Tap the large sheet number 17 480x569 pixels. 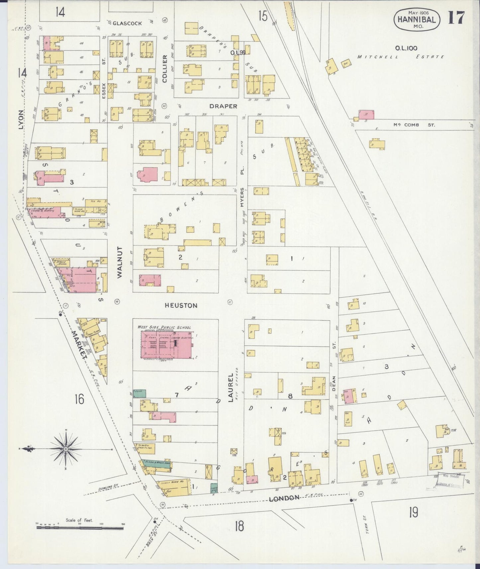(x=456, y=18)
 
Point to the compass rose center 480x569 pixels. (x=66, y=449)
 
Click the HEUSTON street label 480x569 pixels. (x=181, y=305)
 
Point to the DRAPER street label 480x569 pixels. (x=223, y=106)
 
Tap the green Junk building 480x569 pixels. (x=139, y=393)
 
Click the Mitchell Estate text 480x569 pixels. (x=401, y=57)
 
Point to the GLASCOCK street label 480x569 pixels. (x=127, y=23)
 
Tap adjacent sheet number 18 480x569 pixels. (x=239, y=526)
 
